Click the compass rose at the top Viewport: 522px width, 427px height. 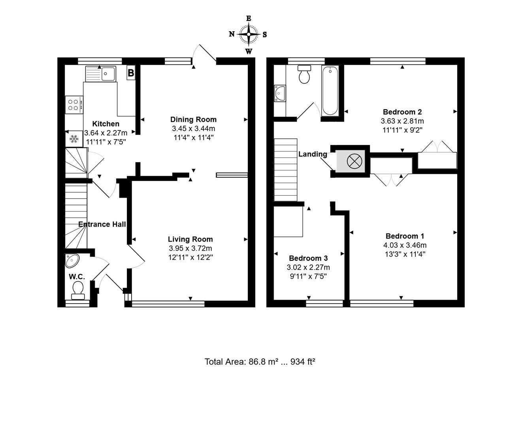click(249, 34)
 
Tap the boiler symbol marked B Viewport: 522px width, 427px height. click(131, 73)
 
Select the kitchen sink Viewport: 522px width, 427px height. click(100, 74)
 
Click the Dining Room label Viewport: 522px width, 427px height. click(193, 119)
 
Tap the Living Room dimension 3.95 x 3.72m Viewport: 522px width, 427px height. click(190, 248)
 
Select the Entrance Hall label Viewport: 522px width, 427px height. click(102, 224)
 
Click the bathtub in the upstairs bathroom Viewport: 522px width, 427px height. click(330, 91)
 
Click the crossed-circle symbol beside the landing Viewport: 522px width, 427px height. click(352, 161)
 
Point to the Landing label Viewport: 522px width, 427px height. click(313, 154)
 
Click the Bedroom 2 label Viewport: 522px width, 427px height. click(402, 112)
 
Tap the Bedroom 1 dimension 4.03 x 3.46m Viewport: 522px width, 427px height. click(405, 245)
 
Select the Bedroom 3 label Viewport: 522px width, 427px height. click(308, 258)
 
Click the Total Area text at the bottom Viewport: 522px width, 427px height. click(260, 361)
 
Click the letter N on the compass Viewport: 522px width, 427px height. click(232, 34)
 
